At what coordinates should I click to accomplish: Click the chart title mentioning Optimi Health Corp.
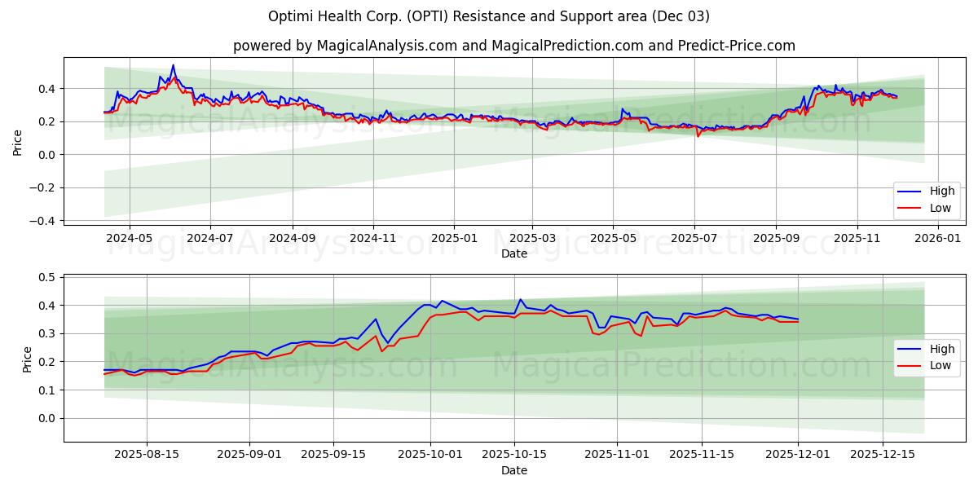489,16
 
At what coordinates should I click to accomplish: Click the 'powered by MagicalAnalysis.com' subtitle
513,46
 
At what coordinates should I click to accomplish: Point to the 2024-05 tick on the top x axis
130,239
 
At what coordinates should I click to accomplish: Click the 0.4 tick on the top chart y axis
47,88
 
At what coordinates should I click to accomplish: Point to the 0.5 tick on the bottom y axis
47,277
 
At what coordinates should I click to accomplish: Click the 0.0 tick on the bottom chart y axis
47,418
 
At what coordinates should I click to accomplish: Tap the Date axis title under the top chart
513,253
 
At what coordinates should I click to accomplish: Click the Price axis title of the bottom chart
27,359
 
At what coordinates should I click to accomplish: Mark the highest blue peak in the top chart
173,65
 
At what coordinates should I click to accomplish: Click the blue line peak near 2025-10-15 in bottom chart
521,299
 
